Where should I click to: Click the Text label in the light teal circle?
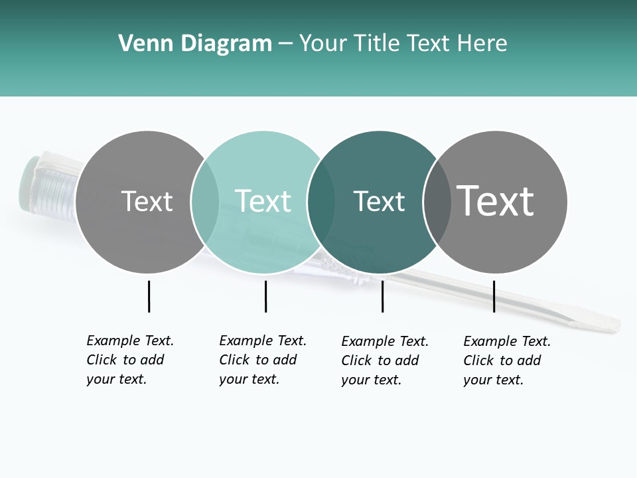pos(263,201)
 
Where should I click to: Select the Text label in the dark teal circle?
pos(379,201)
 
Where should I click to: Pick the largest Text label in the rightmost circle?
pos(496,200)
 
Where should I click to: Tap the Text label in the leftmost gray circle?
pos(147,201)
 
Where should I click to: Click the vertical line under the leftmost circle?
pos(149,296)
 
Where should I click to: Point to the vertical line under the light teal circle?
pos(265,296)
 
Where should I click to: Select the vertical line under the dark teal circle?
pos(382,296)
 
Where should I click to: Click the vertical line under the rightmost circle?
pos(494,296)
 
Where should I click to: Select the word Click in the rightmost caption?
pos(478,360)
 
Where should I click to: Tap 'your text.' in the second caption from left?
pos(249,380)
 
